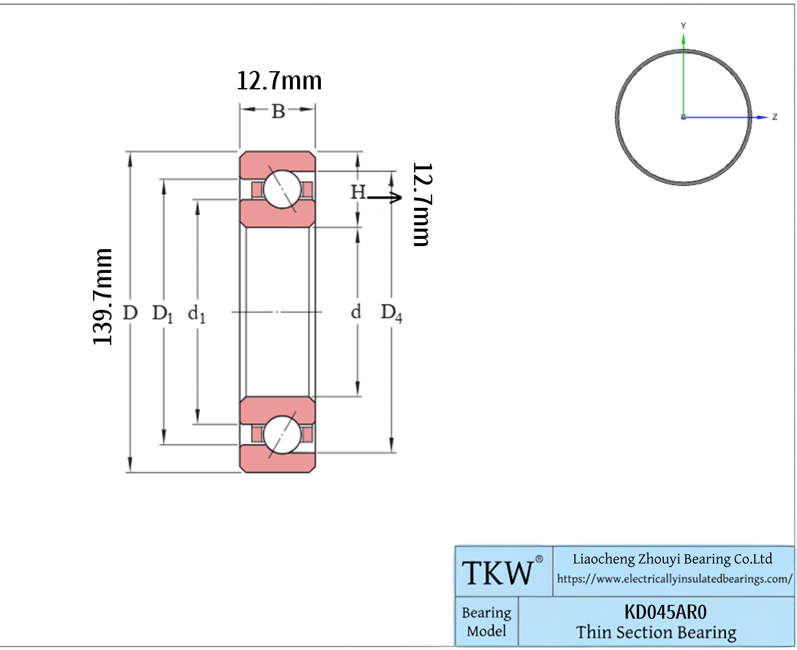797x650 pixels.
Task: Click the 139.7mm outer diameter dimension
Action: [x=102, y=297]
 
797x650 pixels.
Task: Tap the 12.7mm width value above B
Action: [x=279, y=81]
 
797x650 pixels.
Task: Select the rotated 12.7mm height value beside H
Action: [x=423, y=204]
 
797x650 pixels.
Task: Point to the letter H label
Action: [x=358, y=192]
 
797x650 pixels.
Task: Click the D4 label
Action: [x=391, y=313]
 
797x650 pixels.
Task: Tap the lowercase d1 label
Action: [x=196, y=313]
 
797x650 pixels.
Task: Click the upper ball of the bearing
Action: [x=282, y=189]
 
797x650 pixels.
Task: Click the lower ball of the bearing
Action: [x=282, y=435]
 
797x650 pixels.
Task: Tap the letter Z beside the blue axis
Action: [x=775, y=117]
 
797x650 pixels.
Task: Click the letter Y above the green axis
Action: [x=683, y=25]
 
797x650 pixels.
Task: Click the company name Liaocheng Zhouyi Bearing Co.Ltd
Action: [x=672, y=559]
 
